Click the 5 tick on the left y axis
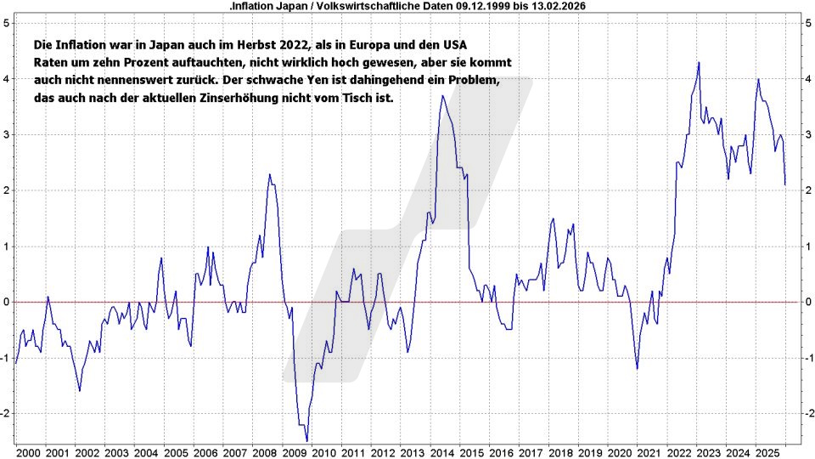pos(6,23)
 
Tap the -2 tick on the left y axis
pos(6,413)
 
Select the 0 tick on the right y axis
pos(808,302)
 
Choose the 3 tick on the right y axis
pos(808,134)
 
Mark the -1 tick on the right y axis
pos(808,358)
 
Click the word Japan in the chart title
pos(289,5)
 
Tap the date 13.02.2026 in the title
pos(556,5)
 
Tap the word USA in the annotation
pos(454,43)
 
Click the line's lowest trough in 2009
pos(306,439)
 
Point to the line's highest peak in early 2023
pos(699,63)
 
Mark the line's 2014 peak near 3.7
pos(441,96)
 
